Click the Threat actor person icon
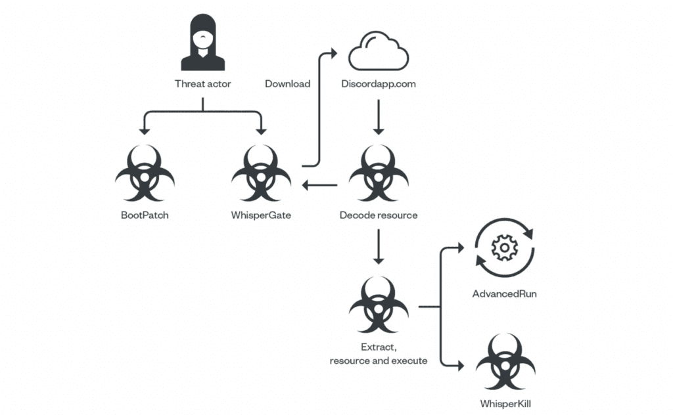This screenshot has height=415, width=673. (202, 43)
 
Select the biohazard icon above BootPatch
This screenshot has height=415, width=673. (145, 174)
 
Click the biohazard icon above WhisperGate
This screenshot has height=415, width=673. (262, 174)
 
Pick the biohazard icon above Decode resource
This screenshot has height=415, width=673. (378, 174)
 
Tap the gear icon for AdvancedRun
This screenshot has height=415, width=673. (505, 248)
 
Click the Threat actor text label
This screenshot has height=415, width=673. (202, 84)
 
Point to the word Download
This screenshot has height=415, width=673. (287, 84)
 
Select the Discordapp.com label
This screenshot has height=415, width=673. (379, 84)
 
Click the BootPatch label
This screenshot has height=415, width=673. (145, 215)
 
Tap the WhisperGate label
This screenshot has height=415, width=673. (262, 215)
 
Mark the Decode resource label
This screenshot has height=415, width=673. (379, 215)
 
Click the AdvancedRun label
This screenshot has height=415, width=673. (505, 294)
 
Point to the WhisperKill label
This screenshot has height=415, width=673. (505, 404)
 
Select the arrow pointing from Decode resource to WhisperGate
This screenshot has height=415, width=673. (320, 185)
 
